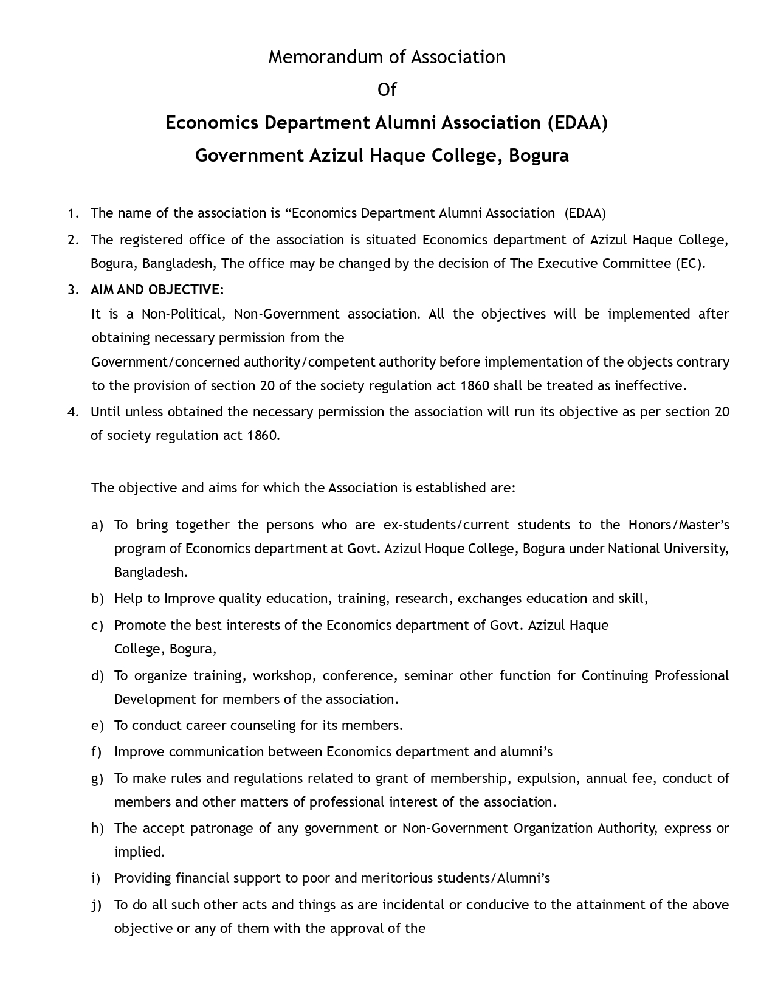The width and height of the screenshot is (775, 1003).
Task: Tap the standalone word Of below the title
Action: [387, 90]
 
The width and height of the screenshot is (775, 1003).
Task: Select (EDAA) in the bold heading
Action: [577, 123]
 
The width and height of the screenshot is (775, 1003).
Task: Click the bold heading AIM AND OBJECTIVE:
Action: [157, 289]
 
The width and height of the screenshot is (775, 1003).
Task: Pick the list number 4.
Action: [73, 412]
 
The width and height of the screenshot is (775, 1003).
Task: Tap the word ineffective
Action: [651, 386]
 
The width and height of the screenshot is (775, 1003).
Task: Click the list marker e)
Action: [97, 726]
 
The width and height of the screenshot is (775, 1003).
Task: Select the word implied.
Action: [139, 852]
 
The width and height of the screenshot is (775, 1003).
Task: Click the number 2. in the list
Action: [73, 240]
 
